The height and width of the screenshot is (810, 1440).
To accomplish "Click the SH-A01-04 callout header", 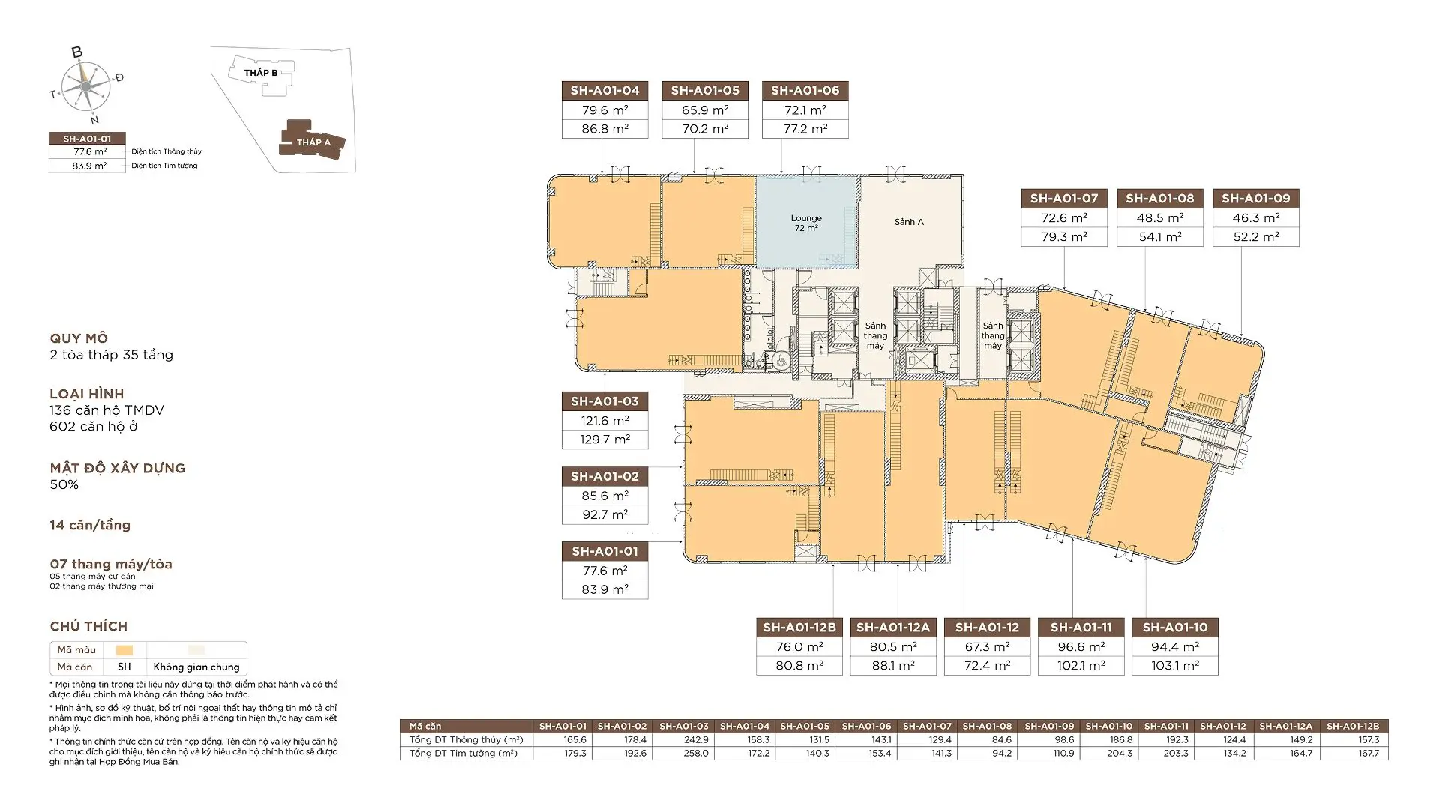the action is point(604,91).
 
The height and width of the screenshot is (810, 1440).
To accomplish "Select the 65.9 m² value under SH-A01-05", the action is point(705,110).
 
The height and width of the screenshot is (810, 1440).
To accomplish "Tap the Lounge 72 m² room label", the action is point(806,223).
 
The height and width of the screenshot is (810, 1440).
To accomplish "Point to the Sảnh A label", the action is point(909,222).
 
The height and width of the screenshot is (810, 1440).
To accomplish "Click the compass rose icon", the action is point(86,85).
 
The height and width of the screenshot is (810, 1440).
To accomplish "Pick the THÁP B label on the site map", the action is point(261,73).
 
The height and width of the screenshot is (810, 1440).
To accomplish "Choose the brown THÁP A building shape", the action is point(313,140).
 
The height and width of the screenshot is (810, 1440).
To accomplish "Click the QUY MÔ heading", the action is point(79,338).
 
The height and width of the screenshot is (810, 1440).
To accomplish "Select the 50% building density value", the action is point(64,484).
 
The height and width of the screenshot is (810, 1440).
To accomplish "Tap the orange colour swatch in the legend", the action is point(124,650).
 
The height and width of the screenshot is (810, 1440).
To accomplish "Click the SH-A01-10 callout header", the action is point(1175,628).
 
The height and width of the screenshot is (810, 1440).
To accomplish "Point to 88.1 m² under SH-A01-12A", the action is point(893,666).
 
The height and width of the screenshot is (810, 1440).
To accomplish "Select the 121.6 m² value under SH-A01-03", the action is point(604,421).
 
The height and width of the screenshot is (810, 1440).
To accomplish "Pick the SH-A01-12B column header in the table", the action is point(1353,726).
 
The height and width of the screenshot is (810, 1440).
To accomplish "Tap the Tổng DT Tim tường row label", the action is point(463,753).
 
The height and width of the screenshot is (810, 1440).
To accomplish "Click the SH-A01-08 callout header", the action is point(1159,199).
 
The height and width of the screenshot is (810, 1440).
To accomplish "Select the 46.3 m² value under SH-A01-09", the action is point(1256,218).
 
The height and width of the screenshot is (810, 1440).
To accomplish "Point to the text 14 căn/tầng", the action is point(90,526).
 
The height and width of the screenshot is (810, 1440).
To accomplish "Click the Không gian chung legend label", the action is point(196,667).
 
